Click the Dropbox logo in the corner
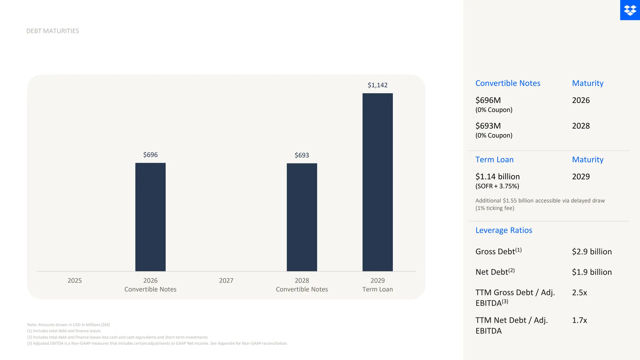[x=630, y=10]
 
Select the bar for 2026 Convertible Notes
[x=150, y=217]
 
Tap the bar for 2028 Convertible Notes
[x=302, y=217]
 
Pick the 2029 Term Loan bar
[x=377, y=182]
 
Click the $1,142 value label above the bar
[x=377, y=85]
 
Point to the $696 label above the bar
[x=150, y=155]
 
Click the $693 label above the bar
[x=302, y=155]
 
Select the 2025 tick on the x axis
[x=75, y=281]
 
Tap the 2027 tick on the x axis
[x=226, y=281]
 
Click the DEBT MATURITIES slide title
[x=52, y=31]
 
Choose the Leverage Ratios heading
[x=504, y=230]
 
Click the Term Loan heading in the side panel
[x=494, y=160]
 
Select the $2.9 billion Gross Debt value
[x=592, y=252]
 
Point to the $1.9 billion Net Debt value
[x=592, y=272]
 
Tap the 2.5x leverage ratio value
[x=579, y=292]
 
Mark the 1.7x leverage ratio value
[x=579, y=320]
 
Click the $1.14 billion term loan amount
[x=497, y=177]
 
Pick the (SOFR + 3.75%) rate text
[x=497, y=186]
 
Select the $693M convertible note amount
[x=488, y=126]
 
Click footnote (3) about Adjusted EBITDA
[x=157, y=343]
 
